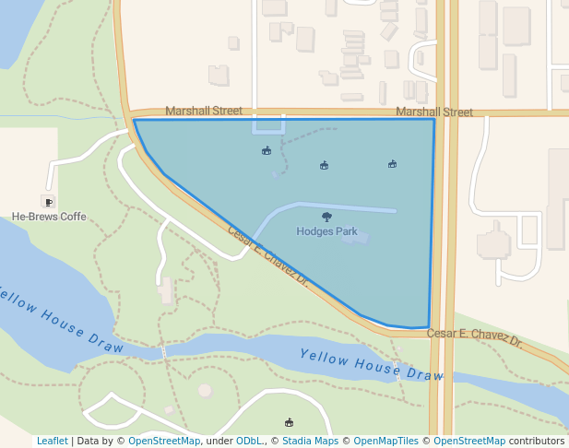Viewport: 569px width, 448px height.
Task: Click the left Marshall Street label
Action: [203, 111]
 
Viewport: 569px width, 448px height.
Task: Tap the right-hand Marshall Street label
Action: [433, 112]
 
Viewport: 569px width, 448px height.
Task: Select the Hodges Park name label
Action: [326, 231]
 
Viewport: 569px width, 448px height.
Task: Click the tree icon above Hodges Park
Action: [326, 217]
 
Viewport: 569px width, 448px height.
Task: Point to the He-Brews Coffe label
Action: [49, 217]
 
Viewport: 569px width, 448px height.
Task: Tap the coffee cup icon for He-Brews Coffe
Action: [48, 201]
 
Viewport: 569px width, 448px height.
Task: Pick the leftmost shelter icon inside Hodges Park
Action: [267, 150]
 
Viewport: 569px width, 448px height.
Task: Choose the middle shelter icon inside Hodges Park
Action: [324, 166]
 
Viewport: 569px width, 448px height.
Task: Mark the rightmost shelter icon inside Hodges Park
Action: [392, 164]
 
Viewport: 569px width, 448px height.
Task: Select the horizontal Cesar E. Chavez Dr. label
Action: [475, 336]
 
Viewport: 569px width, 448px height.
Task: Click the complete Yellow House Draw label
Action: [372, 364]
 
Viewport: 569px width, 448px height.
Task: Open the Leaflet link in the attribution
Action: [52, 441]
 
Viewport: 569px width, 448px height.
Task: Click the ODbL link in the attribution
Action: [249, 441]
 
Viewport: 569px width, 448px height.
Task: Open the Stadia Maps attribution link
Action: [310, 441]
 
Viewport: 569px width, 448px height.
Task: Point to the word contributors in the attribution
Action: [537, 441]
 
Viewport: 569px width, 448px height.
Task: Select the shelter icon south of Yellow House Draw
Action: [290, 422]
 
